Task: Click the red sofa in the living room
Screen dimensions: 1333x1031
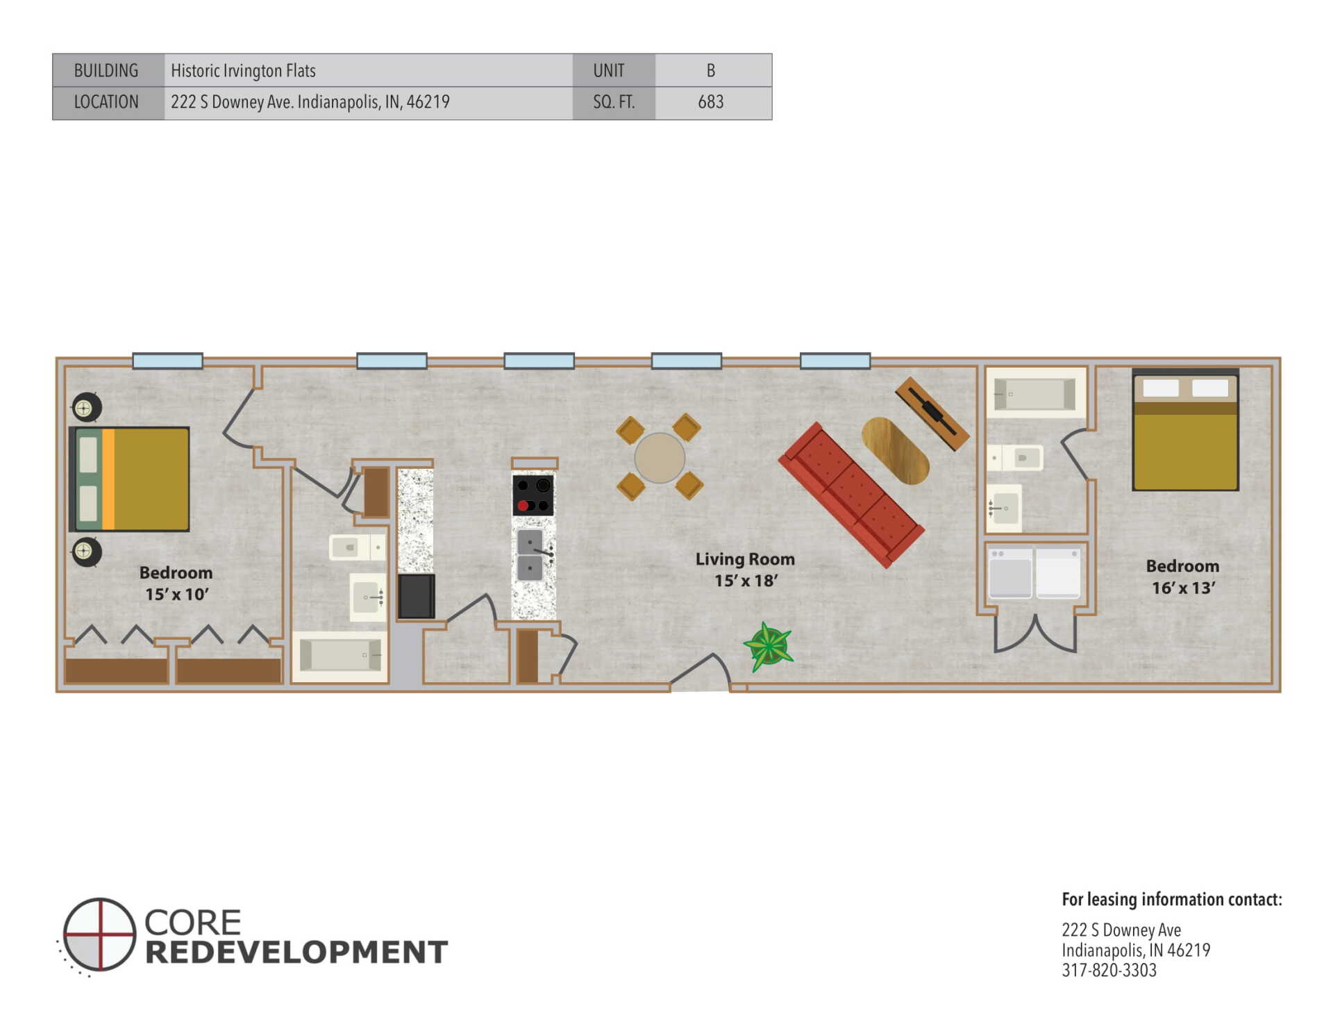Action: click(x=851, y=495)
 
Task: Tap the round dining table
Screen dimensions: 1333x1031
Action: click(x=660, y=458)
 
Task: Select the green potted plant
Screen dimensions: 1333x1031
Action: click(x=769, y=647)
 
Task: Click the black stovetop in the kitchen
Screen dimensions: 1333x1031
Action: click(x=533, y=495)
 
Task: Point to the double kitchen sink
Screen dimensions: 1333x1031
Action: click(x=530, y=554)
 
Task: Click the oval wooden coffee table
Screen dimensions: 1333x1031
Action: click(x=895, y=451)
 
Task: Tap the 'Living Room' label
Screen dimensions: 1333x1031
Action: click(x=745, y=559)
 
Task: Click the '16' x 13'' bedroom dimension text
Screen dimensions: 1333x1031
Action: click(x=1183, y=588)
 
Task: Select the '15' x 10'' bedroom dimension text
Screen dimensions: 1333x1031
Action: click(x=176, y=595)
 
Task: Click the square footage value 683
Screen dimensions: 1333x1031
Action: click(x=710, y=102)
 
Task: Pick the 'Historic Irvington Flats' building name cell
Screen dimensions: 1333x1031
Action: click(x=243, y=71)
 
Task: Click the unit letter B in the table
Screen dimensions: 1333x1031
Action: click(x=710, y=71)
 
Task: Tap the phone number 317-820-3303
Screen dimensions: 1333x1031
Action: click(x=1109, y=971)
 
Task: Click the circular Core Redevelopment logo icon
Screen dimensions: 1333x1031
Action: click(x=99, y=934)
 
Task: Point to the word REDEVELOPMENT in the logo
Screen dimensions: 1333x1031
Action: click(x=296, y=952)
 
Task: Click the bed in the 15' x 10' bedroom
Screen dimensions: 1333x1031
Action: click(x=129, y=479)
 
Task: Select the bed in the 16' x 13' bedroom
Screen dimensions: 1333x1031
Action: click(x=1185, y=430)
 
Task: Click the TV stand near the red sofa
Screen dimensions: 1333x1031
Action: click(x=932, y=414)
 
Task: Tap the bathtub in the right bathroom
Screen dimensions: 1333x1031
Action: click(x=1035, y=394)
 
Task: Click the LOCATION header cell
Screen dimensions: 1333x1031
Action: click(x=106, y=102)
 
